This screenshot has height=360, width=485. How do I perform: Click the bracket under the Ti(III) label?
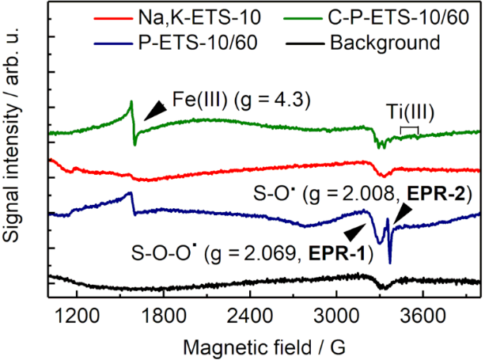pos(409,128)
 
